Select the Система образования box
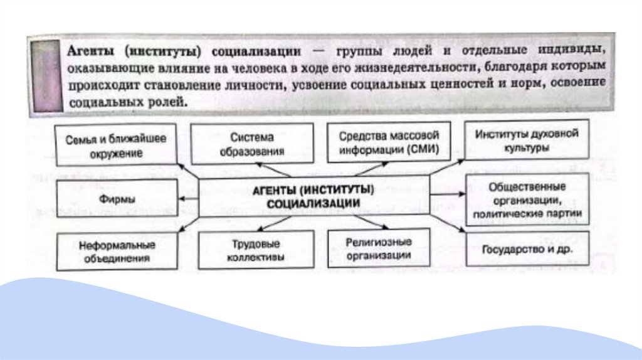[252, 144]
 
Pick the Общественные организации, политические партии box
[527, 199]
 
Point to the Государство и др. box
[527, 248]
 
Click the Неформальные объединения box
[117, 251]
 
